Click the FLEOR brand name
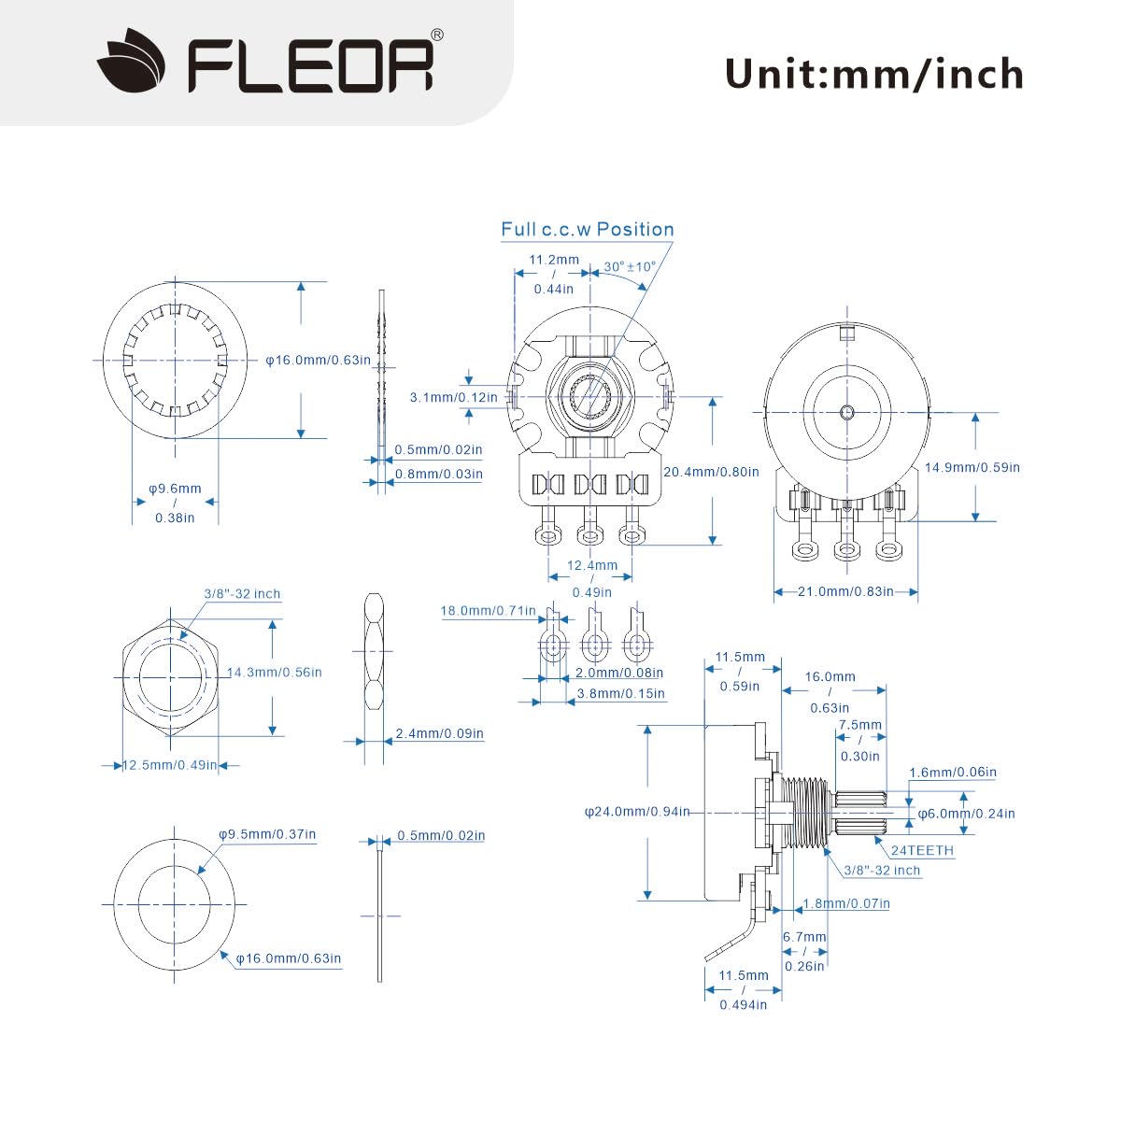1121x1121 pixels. click(x=311, y=64)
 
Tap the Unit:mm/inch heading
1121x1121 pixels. click(x=873, y=74)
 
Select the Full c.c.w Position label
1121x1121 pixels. click(x=587, y=230)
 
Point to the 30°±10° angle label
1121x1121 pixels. click(x=630, y=266)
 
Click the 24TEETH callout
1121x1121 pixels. click(x=922, y=850)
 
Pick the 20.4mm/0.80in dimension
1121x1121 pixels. click(x=711, y=472)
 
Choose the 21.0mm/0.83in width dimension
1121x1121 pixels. click(x=845, y=591)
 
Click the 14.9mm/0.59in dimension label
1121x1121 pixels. click(x=972, y=467)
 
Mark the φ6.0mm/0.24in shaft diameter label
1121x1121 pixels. click(x=966, y=813)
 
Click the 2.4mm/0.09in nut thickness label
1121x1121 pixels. click(x=439, y=733)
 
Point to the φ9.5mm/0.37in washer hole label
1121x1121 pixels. click(x=267, y=834)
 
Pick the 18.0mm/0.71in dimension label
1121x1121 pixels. click(x=488, y=611)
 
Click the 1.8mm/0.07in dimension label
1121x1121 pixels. click(x=846, y=903)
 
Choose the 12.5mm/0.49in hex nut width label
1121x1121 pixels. click(x=170, y=765)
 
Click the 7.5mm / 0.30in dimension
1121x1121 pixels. click(x=859, y=740)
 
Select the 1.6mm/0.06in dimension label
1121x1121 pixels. click(x=952, y=772)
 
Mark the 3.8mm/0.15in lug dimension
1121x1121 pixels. click(x=620, y=693)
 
